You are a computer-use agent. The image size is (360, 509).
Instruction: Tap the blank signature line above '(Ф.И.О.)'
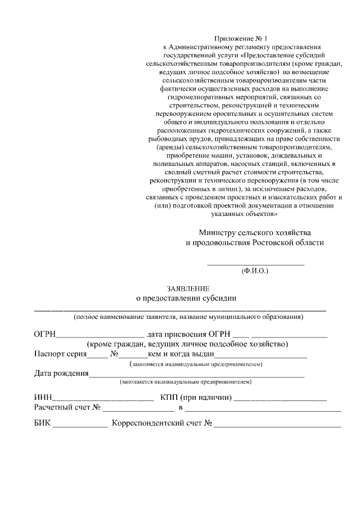256,263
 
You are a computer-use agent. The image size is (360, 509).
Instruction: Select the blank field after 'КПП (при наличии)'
280,398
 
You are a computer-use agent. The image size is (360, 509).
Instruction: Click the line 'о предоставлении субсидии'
187,298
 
